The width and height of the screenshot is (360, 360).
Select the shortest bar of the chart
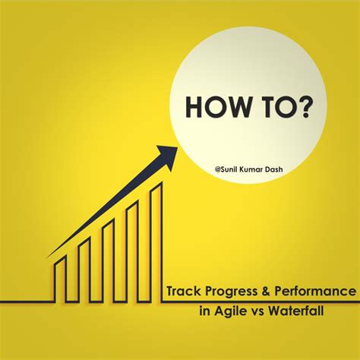click(x=60, y=269)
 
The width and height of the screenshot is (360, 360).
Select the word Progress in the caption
click(x=235, y=292)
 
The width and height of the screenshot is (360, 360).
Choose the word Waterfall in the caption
click(x=320, y=310)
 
